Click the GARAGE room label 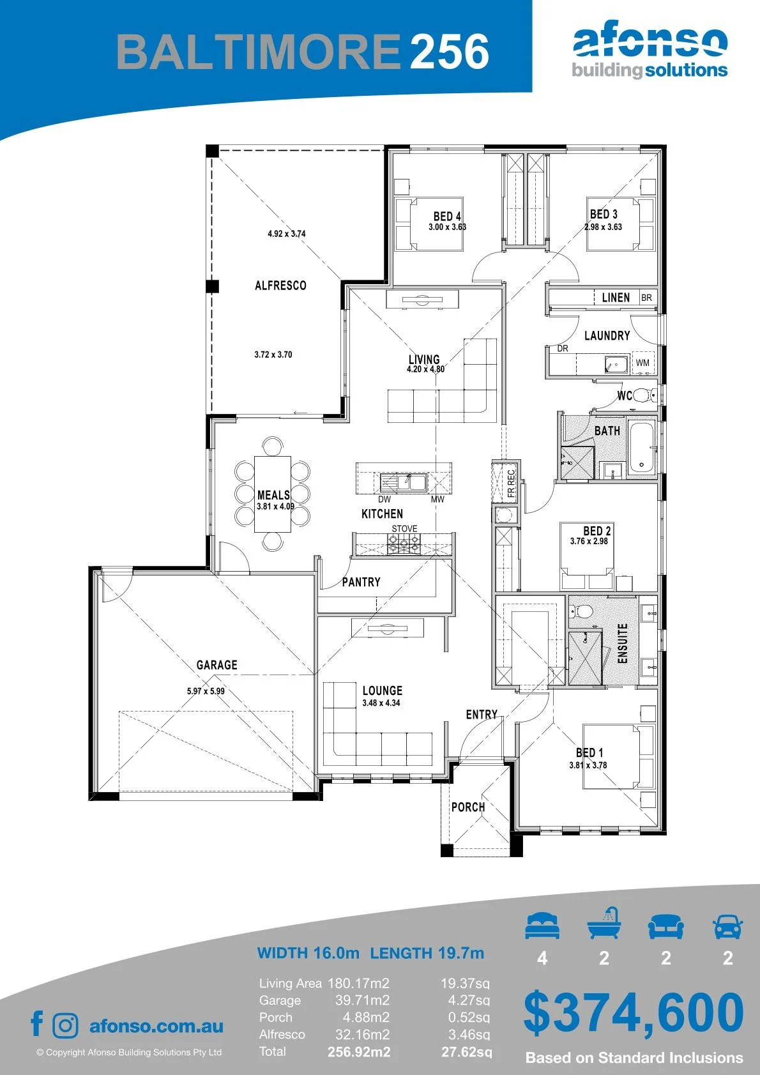[x=217, y=665]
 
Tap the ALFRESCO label [x=280, y=286]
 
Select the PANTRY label [x=361, y=582]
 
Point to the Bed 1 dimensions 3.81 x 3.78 [x=588, y=765]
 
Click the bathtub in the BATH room [x=641, y=448]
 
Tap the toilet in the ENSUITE [x=581, y=611]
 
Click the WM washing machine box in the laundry [x=643, y=363]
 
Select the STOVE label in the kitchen [x=404, y=528]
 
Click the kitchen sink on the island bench [x=403, y=482]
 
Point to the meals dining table [x=273, y=494]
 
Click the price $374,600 [x=634, y=1012]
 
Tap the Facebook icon [x=37, y=1024]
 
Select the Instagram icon [x=65, y=1026]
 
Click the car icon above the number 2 [x=728, y=926]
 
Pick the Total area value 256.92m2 [x=359, y=1052]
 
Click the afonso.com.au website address [x=156, y=1026]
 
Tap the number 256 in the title [x=450, y=51]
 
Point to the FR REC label [x=511, y=484]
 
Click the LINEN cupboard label [x=616, y=298]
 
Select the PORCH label [x=468, y=807]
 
